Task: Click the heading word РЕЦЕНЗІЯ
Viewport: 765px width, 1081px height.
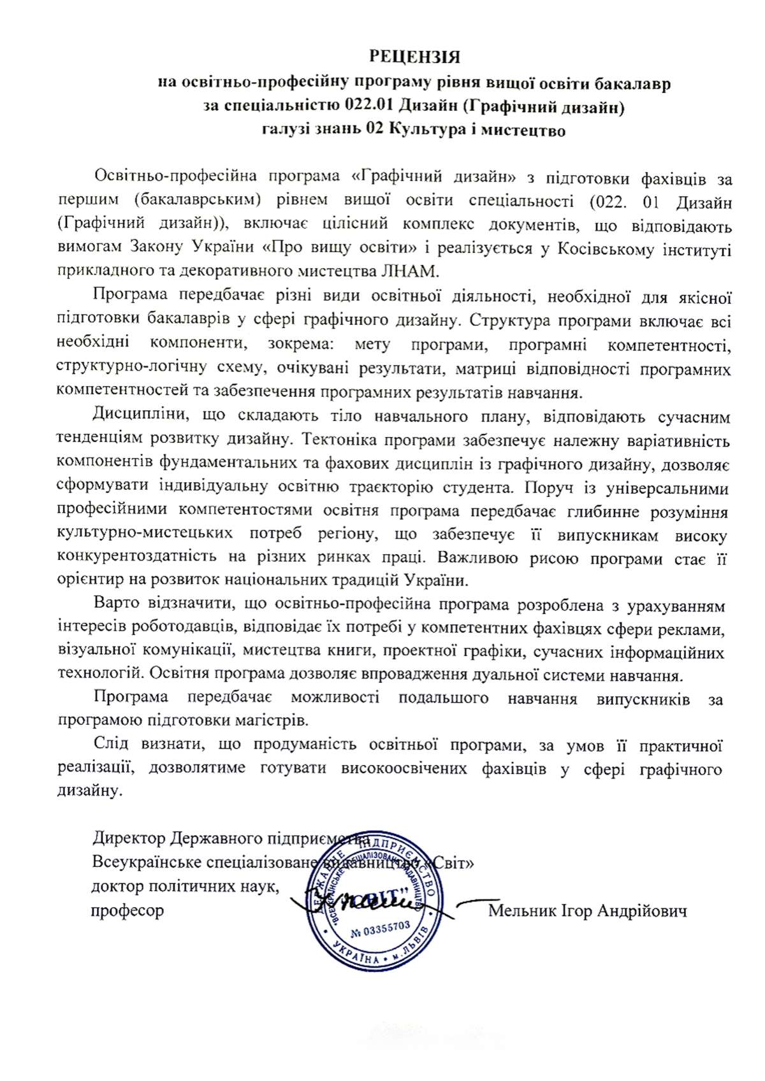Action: tap(415, 57)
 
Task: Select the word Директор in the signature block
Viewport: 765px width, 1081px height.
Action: tap(126, 838)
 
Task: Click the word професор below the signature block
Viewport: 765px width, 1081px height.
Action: tap(127, 911)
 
